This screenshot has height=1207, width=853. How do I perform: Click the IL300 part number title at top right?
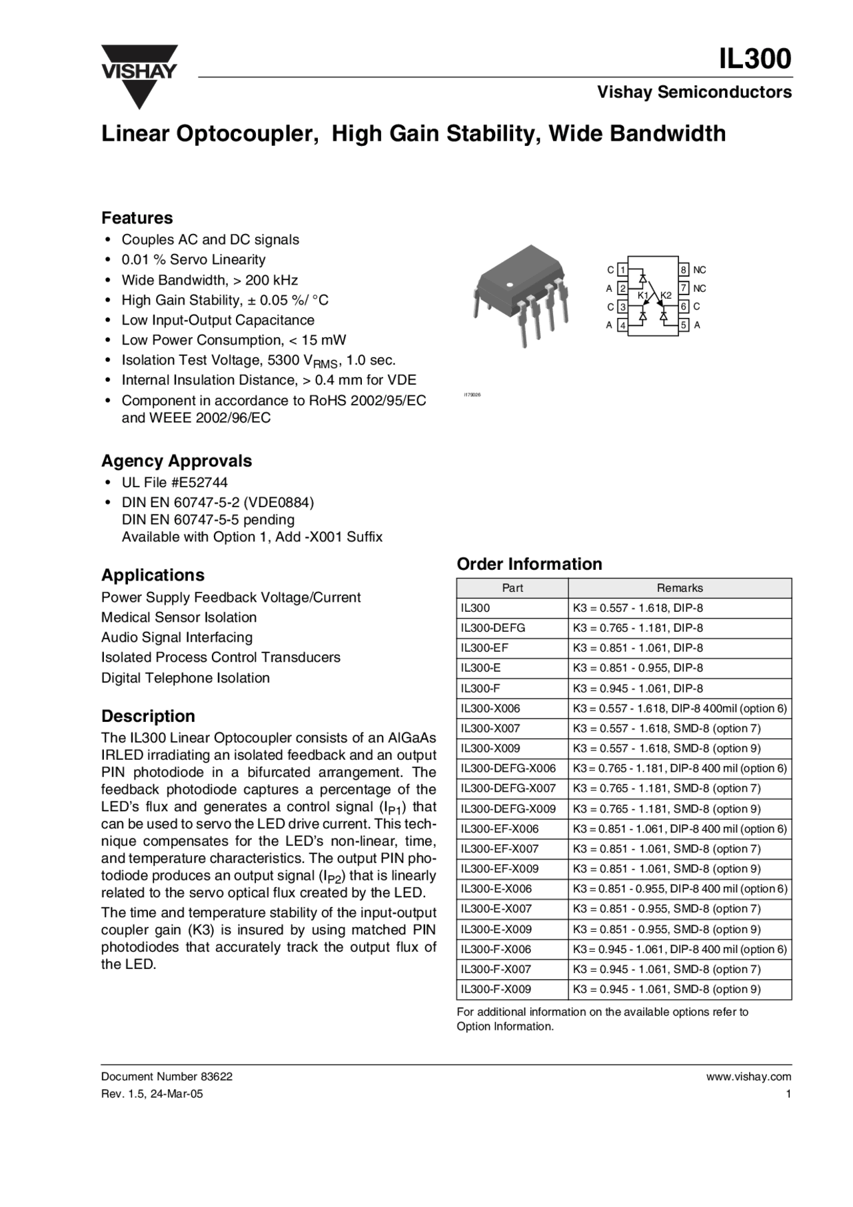(754, 59)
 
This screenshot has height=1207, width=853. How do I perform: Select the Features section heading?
(137, 218)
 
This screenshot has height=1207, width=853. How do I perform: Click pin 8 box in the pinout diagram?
(684, 270)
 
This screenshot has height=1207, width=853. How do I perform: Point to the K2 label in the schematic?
(666, 295)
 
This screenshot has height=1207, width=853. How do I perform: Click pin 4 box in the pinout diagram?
(622, 325)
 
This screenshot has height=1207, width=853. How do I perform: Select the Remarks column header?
(680, 588)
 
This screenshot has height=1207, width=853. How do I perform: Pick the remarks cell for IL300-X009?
(666, 748)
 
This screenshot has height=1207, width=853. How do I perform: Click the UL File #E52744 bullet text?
(175, 483)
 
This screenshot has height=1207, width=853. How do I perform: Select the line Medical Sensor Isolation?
(179, 617)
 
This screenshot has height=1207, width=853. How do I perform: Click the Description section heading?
(148, 716)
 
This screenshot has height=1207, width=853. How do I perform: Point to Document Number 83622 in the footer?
(167, 1076)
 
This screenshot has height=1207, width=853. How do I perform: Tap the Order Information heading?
(529, 564)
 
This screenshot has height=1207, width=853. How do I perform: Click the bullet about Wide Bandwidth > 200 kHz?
(209, 280)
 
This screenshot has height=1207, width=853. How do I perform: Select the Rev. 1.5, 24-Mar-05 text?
(152, 1094)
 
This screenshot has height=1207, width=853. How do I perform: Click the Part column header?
(512, 588)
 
